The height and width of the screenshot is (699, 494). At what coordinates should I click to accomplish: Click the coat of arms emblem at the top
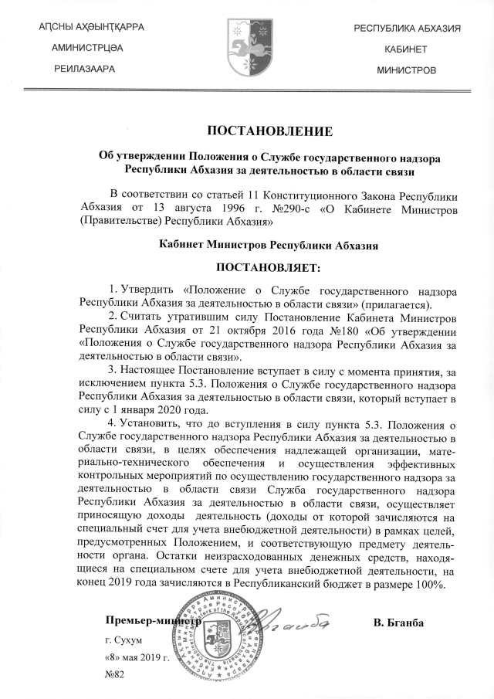(247, 48)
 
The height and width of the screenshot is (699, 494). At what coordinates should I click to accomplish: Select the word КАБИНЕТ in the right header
(407, 49)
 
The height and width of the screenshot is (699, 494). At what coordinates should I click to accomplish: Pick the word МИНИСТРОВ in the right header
(407, 70)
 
